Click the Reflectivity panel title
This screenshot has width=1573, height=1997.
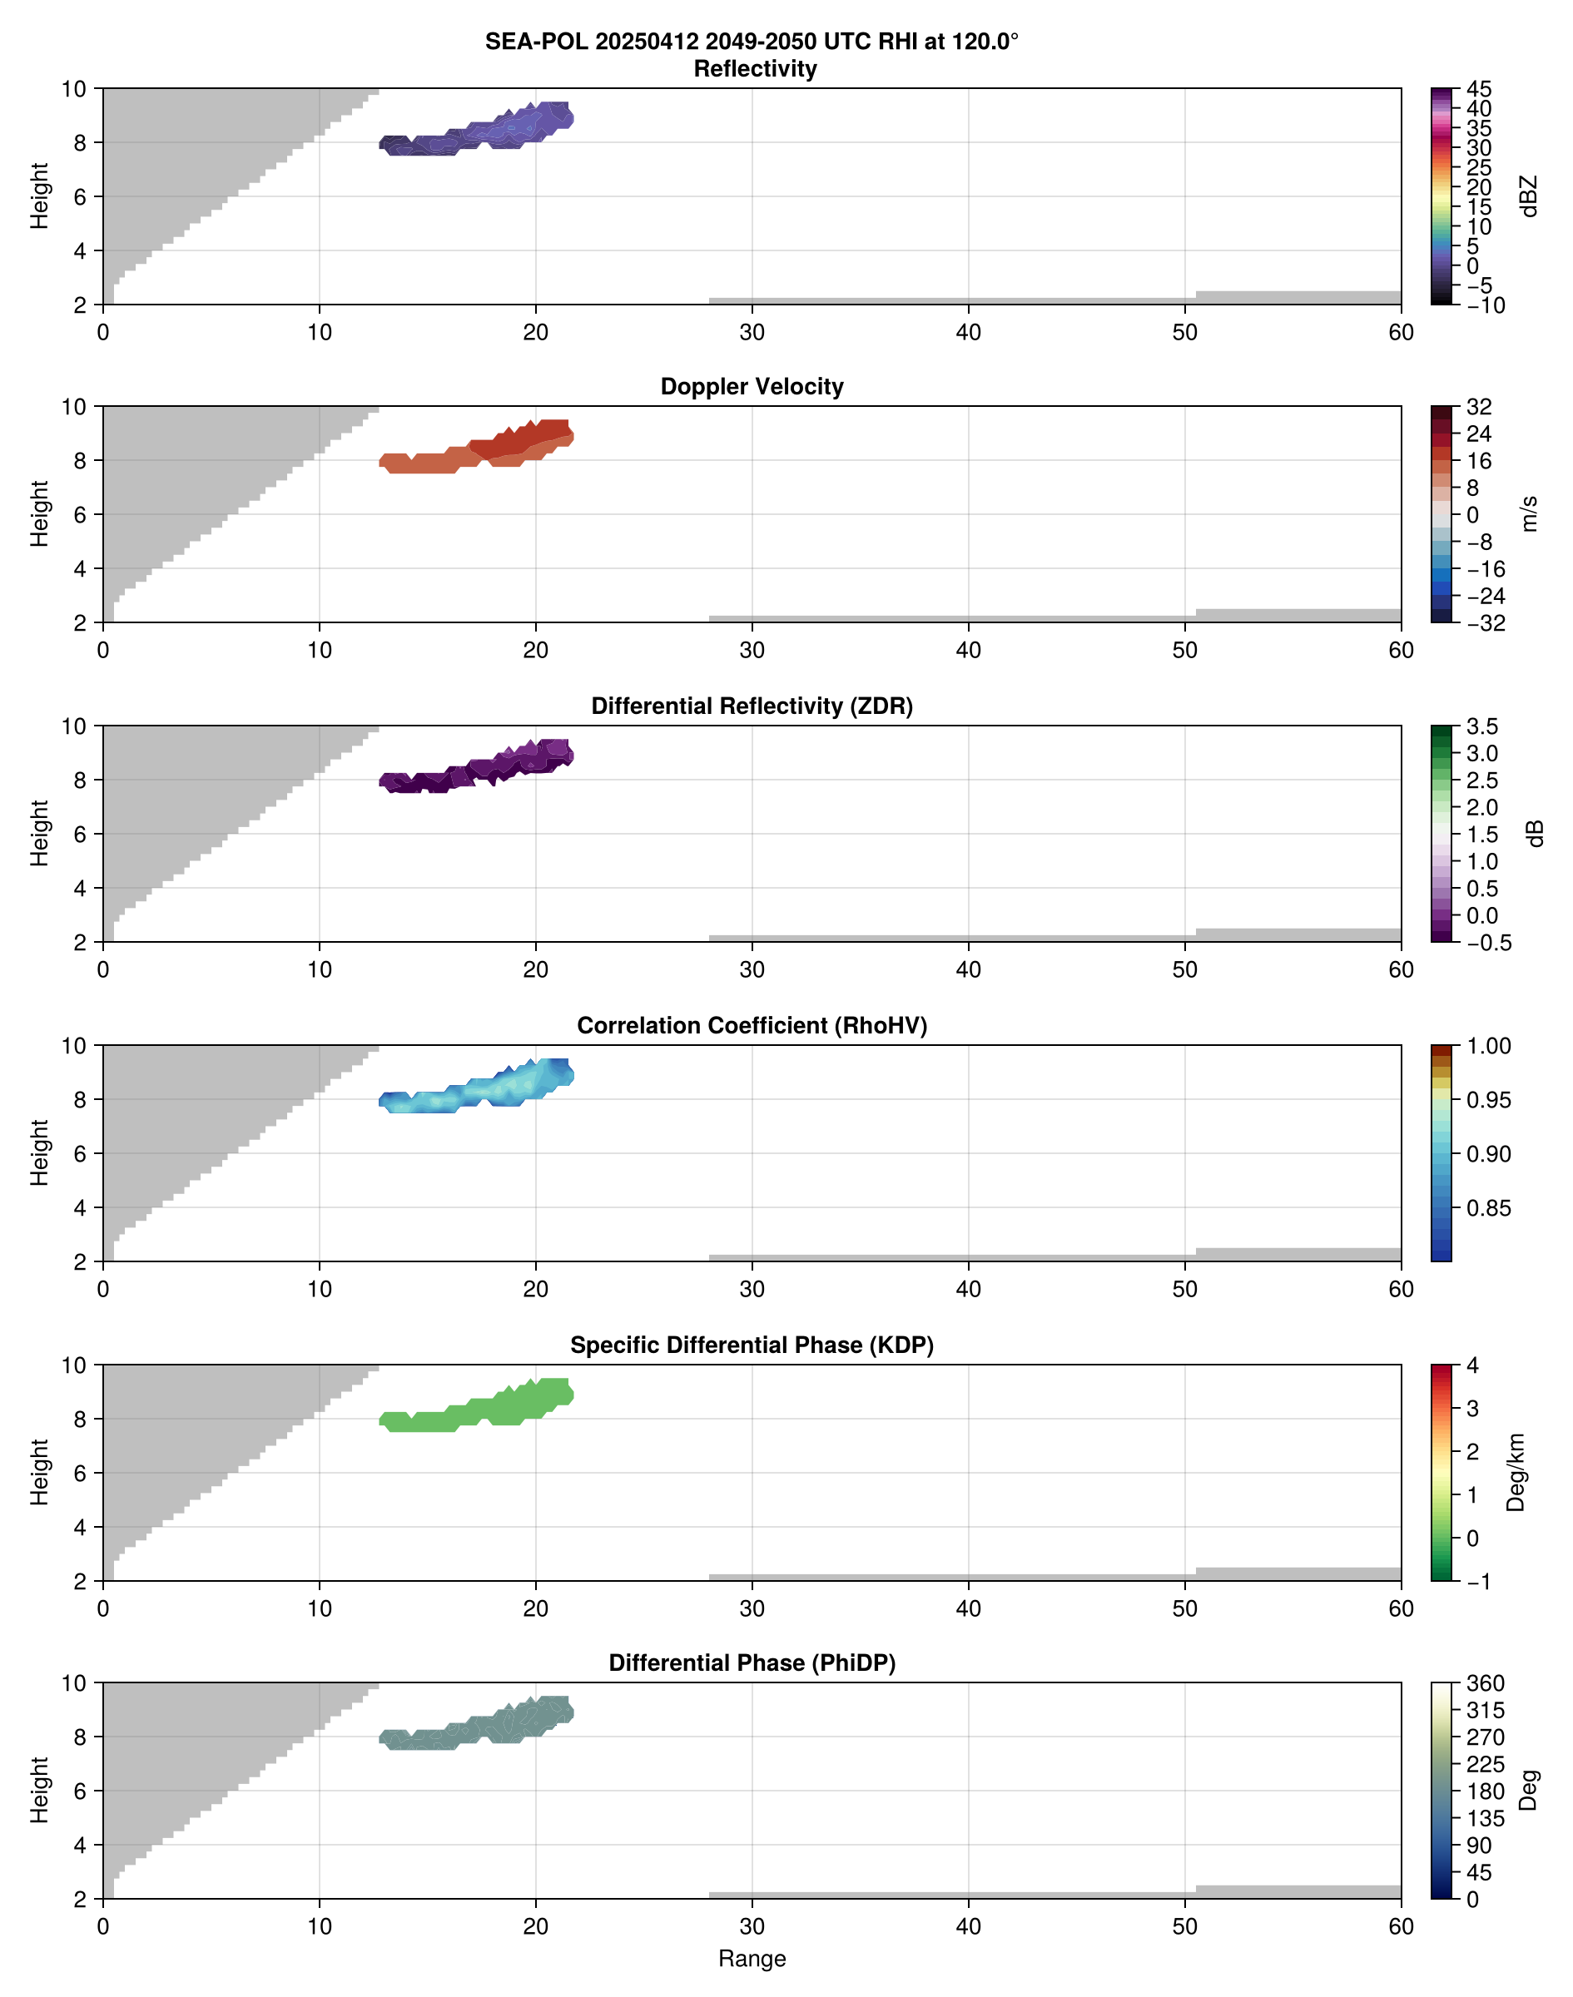[x=754, y=69]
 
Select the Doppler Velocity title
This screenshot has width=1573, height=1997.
[x=752, y=387]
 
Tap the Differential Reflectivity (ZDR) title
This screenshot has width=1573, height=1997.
[x=752, y=706]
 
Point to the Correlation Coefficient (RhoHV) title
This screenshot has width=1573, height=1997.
[x=752, y=1026]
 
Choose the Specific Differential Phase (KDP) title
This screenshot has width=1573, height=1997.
[x=752, y=1345]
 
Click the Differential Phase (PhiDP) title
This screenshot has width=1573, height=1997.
[x=752, y=1663]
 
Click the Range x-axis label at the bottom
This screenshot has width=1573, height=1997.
[x=752, y=1959]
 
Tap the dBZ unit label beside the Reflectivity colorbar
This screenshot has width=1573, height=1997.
[x=1530, y=196]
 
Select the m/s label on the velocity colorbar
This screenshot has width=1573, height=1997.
[x=1530, y=513]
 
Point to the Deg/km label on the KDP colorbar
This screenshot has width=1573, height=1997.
[x=1516, y=1472]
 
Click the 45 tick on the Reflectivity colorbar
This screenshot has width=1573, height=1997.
[x=1479, y=89]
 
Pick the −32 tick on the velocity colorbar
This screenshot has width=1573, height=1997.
[x=1486, y=623]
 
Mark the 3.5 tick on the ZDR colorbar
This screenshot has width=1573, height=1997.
[x=1481, y=726]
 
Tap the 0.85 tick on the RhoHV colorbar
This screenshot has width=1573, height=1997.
[x=1488, y=1208]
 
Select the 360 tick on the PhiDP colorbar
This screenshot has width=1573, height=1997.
[x=1486, y=1683]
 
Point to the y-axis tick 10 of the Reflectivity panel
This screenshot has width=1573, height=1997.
[x=74, y=89]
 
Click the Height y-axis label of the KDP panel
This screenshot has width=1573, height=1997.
[x=38, y=1472]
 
